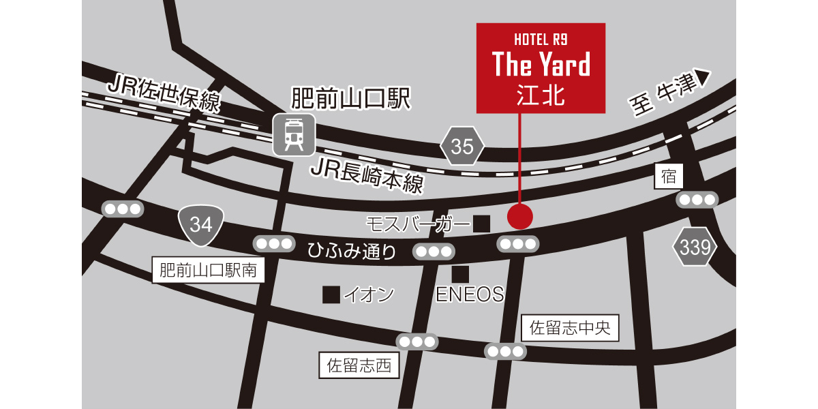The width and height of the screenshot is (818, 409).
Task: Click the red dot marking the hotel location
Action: point(520,217)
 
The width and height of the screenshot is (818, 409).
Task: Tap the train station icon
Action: point(294,133)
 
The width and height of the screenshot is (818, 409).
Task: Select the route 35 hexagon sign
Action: point(462,146)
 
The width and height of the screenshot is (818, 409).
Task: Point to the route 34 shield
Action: point(201,224)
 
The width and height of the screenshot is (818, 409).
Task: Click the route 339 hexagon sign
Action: point(695,247)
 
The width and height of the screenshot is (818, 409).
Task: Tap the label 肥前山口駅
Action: point(350,100)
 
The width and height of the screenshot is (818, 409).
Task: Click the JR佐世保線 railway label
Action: point(164,94)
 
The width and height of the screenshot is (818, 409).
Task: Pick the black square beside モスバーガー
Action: point(483,224)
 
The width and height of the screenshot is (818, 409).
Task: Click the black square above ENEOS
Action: point(461,274)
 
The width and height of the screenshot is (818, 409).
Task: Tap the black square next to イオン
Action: point(331,294)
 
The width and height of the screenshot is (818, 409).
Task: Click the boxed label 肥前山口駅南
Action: point(208,271)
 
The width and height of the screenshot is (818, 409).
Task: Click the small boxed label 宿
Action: point(668,177)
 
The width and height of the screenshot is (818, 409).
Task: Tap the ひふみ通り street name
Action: point(352,252)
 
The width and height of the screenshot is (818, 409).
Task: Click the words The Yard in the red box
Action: point(541,65)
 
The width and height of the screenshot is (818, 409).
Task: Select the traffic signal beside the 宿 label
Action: point(697,200)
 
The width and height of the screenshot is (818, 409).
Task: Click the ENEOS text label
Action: point(470,294)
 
